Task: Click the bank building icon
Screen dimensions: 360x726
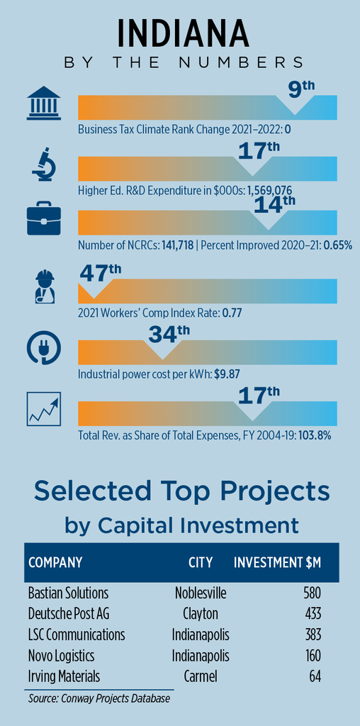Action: (44, 103)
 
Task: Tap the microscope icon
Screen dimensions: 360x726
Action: (44, 164)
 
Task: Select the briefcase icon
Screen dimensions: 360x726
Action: (44, 218)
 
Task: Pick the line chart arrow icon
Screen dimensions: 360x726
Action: (44, 409)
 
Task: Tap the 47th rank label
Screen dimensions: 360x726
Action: (101, 274)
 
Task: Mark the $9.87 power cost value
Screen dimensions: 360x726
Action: (226, 374)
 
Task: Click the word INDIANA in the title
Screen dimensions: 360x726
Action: (183, 33)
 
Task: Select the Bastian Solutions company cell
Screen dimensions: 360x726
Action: (68, 593)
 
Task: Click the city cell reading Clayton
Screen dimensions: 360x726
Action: (201, 614)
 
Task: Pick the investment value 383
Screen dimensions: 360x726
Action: (313, 635)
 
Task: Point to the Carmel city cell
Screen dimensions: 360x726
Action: (201, 676)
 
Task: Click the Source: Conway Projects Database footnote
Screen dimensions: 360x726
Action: (99, 698)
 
